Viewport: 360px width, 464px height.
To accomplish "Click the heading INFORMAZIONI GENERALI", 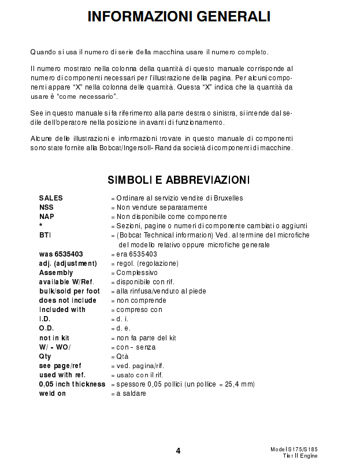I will [179, 17].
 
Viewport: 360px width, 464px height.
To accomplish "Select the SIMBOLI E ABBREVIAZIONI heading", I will [179, 180].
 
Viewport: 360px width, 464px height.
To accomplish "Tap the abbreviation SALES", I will [51, 198].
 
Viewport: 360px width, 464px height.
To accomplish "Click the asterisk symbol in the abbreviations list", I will [40, 226].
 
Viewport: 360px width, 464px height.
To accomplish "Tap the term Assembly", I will [56, 272].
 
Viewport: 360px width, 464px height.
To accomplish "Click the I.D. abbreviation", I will [44, 319].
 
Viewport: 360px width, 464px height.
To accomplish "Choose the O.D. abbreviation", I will [46, 328].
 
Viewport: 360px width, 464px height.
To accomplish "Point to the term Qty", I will [45, 356].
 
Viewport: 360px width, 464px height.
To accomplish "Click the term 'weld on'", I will [53, 394].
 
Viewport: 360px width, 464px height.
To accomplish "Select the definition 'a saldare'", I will [131, 394].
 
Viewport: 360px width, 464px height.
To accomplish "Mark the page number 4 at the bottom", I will [178, 451].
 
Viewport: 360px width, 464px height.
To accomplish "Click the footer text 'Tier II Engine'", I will [300, 456].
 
